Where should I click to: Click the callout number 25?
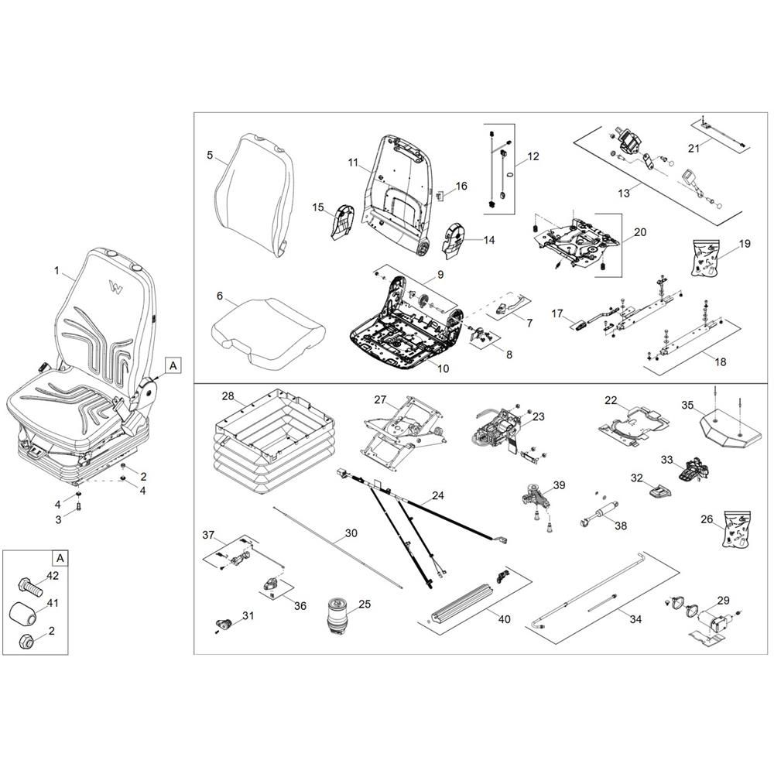365,604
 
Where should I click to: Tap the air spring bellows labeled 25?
338,614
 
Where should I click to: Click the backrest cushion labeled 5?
254,189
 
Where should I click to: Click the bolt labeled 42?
28,584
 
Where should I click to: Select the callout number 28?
228,396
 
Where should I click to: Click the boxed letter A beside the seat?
173,365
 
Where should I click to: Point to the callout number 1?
57,271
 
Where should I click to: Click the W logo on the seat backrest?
116,286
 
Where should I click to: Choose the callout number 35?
687,405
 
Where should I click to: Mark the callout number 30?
351,534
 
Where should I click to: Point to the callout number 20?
639,231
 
